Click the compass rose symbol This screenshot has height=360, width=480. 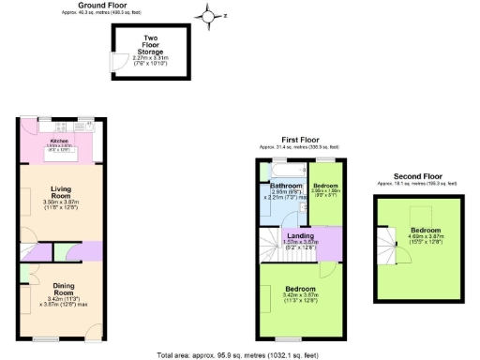tap(207, 14)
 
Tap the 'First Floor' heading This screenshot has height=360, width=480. tap(299, 139)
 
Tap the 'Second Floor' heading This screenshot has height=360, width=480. tap(417, 175)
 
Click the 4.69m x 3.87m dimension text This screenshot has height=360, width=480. tap(424, 235)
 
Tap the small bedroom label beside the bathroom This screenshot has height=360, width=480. tap(326, 186)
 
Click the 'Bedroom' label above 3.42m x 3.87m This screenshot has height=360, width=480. tap(301, 289)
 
